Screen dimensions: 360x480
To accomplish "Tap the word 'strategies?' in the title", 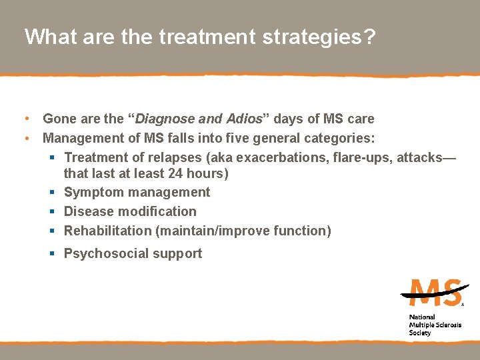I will tap(315, 37).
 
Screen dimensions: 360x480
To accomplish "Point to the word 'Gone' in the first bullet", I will tap(59, 119).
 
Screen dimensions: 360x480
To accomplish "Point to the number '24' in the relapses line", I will tap(180, 173).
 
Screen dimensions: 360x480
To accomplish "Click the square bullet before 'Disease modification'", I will tap(52, 212).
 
